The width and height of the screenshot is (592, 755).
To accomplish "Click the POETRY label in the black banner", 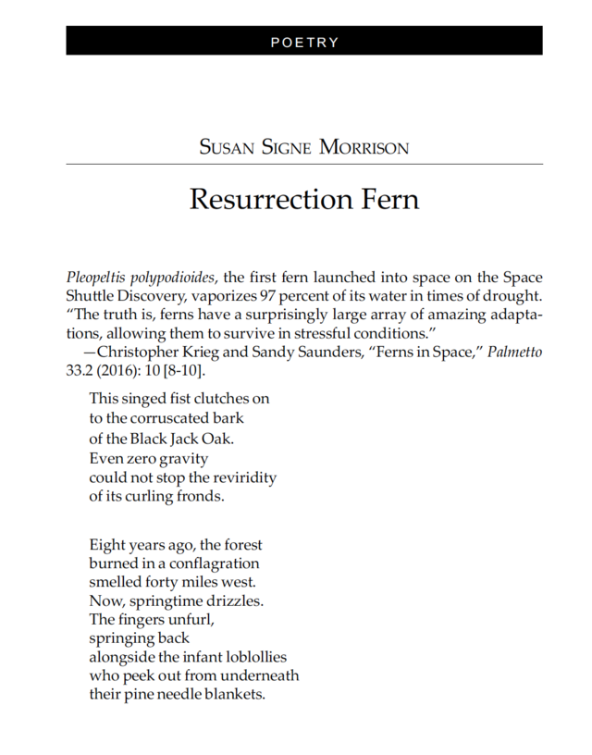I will coord(304,43).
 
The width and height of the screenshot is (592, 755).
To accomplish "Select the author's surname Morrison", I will coord(364,147).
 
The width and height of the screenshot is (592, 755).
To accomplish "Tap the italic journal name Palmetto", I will coord(514,352).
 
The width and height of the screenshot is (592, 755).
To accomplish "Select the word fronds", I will coord(203,496).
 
